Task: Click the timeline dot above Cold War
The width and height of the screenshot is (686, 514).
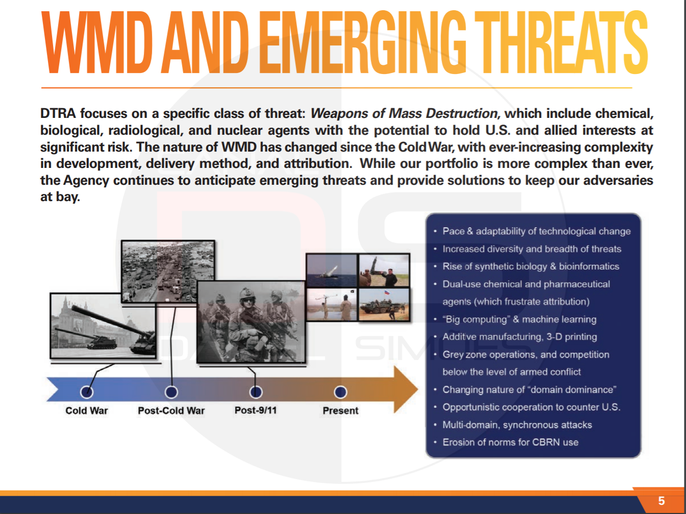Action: coord(87,392)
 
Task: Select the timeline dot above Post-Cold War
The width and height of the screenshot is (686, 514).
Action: coord(171,392)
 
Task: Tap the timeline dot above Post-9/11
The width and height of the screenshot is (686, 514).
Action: coord(256,392)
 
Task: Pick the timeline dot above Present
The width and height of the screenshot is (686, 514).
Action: coord(340,392)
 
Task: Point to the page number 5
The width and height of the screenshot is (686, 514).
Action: coord(662,501)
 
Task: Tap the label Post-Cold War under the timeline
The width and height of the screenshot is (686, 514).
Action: coord(171,410)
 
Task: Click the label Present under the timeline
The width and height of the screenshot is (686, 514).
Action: coord(340,410)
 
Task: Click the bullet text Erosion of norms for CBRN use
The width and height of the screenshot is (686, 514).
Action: coord(511,443)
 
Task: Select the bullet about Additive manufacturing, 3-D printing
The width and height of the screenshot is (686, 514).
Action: coord(520,337)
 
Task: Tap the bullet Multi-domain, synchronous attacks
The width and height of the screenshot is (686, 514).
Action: coord(517,425)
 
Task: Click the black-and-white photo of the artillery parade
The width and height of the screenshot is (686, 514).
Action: coord(103,326)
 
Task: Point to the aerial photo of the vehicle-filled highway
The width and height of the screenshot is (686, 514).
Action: coord(168,272)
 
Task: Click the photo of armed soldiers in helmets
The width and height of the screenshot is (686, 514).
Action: coord(251,322)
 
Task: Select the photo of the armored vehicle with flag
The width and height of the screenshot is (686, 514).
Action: coord(384,305)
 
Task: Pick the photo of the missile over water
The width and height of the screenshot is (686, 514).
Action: coord(332,271)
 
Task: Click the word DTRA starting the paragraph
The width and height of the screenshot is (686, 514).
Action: coord(58,113)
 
